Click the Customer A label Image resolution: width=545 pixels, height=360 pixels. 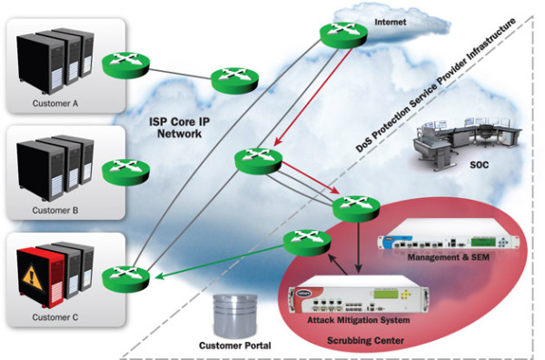pos(57,103)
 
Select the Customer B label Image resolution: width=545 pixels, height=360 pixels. pos(57,211)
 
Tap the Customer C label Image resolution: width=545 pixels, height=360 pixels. pos(57,317)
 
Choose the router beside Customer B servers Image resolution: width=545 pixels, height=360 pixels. pos(120,170)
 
